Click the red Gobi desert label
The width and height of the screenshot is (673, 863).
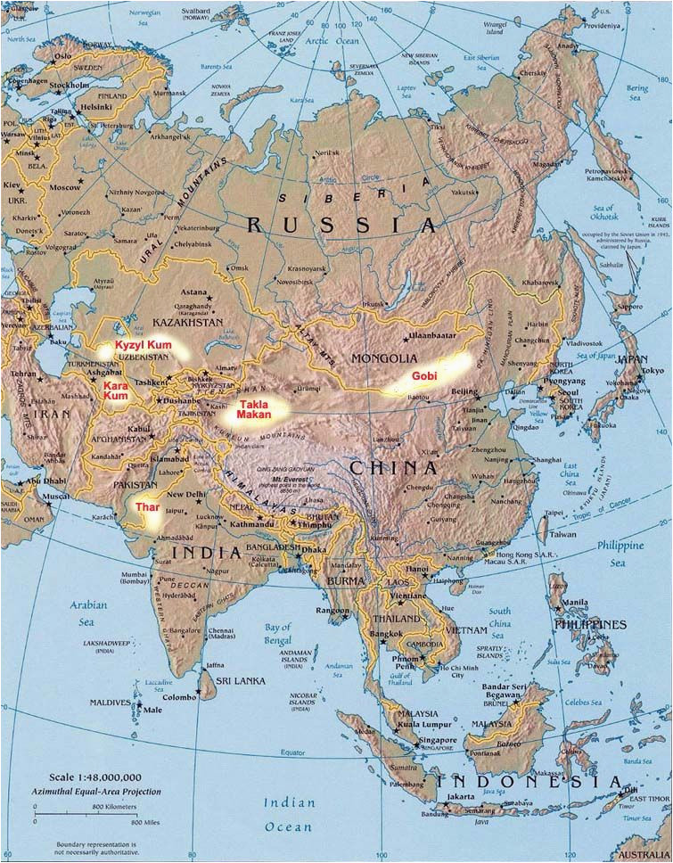[x=424, y=376]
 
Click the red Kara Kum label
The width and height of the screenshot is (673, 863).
[x=116, y=390]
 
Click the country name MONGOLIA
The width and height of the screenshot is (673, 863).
[x=379, y=358]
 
